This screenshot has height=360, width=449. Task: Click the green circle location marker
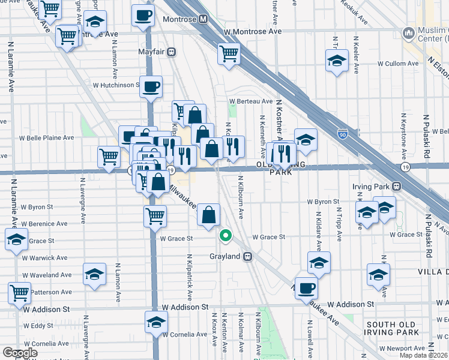click(226, 236)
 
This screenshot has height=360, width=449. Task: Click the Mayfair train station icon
click(172, 52)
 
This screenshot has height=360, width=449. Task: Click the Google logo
click(20, 353)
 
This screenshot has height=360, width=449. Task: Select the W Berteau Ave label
click(251, 101)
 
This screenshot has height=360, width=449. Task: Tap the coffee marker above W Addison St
click(306, 287)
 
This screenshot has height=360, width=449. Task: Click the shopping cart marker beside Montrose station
click(229, 54)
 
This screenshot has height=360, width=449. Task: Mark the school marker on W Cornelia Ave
click(156, 323)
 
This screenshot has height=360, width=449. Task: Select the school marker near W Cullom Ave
click(337, 61)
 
